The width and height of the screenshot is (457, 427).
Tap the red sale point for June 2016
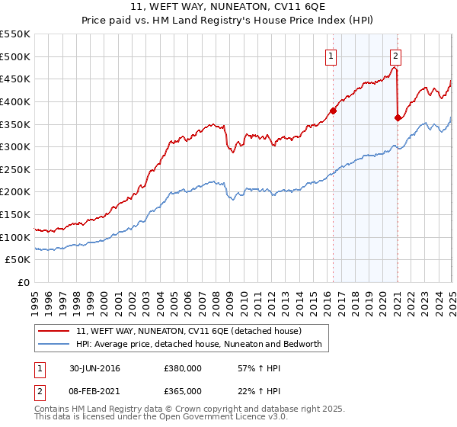click(334, 110)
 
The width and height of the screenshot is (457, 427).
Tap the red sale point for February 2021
click(398, 117)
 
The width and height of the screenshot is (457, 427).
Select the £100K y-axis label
click(17, 237)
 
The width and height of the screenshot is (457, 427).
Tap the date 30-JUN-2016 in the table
click(92, 369)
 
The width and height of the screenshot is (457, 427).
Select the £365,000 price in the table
click(183, 391)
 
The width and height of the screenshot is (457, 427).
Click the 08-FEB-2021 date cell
click(93, 391)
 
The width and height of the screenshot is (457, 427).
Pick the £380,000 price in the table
click(183, 369)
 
